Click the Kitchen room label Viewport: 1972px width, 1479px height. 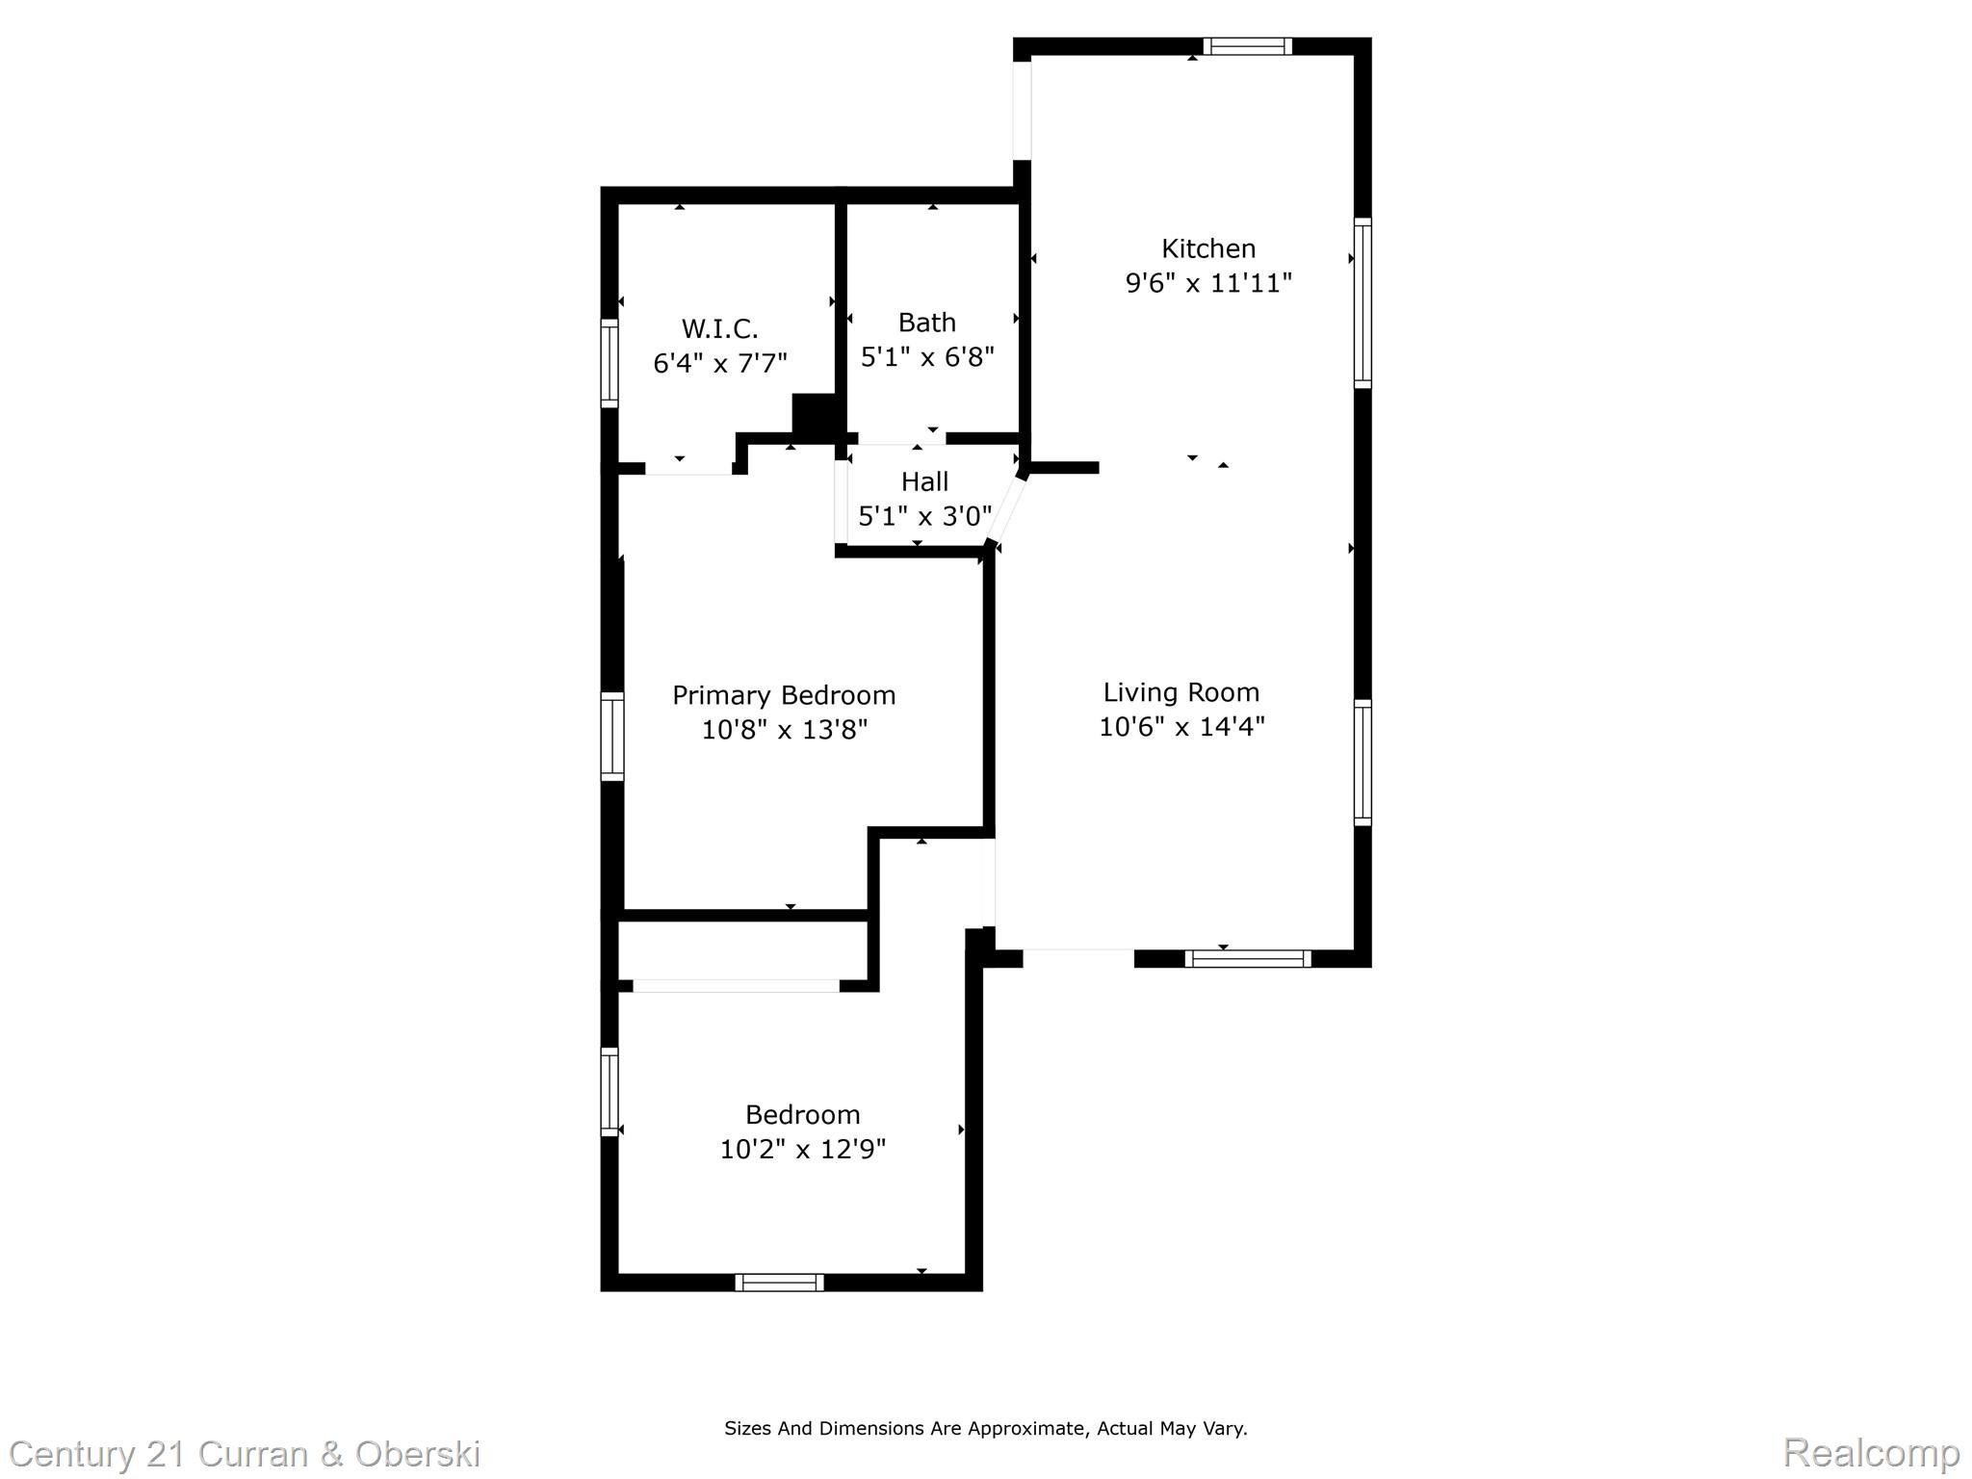click(1208, 249)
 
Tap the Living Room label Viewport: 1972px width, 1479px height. click(1181, 692)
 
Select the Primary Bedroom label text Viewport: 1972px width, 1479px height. click(784, 696)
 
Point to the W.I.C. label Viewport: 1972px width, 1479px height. click(720, 329)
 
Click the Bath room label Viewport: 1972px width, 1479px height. click(927, 323)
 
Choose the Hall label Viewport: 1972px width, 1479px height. click(925, 481)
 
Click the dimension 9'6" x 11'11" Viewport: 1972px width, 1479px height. click(1208, 283)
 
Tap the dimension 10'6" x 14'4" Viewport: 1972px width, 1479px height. click(1181, 726)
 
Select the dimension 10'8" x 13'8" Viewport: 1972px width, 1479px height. click(785, 730)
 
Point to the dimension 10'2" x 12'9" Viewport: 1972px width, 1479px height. click(803, 1150)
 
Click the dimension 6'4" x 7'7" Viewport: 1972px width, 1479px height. click(720, 364)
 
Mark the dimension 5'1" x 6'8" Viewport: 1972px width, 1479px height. click(927, 357)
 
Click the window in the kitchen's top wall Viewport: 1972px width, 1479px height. click(1247, 46)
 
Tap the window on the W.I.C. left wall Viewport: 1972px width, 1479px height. click(610, 363)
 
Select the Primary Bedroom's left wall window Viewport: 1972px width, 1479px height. click(612, 736)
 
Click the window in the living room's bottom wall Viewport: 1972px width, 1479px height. click(1248, 959)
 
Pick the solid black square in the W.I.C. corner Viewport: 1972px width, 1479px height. click(815, 417)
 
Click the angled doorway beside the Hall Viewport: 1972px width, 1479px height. click(1007, 508)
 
